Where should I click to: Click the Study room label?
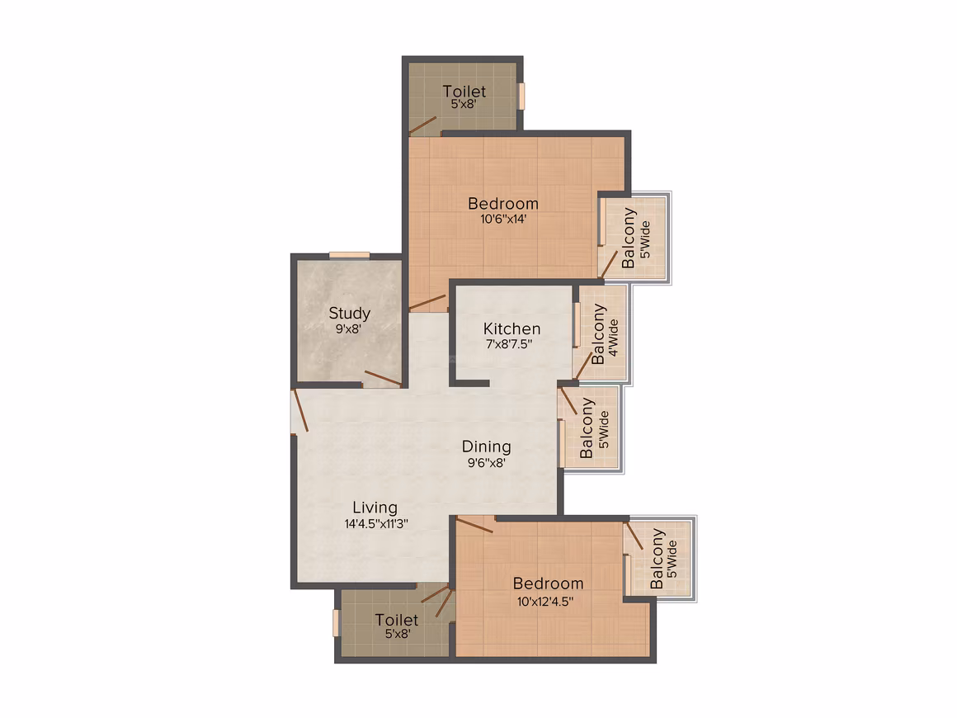pos(349,314)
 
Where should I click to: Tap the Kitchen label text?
pos(511,329)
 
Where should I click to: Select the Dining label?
pos(486,447)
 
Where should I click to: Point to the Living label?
pos(375,508)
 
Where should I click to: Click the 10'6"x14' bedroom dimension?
pos(503,220)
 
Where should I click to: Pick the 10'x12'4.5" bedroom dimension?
pos(545,602)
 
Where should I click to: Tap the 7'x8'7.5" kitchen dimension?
pos(509,344)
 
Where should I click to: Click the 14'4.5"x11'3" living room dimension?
pos(376,523)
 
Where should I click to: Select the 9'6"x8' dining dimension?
pos(487,463)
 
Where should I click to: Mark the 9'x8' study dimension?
pos(348,329)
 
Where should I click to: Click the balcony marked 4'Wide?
pos(602,333)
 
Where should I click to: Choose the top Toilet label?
pos(464,92)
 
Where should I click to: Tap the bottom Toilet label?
pos(397,620)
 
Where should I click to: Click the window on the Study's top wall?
pos(349,255)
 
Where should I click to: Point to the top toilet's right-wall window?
pos(522,96)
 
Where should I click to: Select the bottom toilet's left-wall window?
pos(335,623)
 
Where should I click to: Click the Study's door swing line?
pos(383,379)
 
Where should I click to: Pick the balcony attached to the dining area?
pos(590,427)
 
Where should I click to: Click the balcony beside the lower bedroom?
pos(659,558)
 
